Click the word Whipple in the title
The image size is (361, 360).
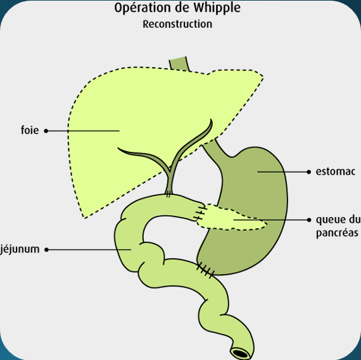point(217,8)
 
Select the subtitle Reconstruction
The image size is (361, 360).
point(177,24)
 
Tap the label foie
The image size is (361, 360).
point(30,130)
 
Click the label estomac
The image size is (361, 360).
point(336,171)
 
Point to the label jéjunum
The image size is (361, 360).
point(20,249)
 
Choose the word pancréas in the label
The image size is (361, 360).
point(337,233)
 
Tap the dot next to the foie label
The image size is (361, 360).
point(46,131)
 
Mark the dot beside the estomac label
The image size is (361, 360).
point(309,172)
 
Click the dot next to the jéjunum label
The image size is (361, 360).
point(46,249)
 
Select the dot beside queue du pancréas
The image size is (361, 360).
point(309,220)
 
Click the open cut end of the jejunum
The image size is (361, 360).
point(241,353)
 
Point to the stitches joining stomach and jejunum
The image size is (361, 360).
point(205,270)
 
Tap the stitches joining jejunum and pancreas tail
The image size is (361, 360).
point(200,213)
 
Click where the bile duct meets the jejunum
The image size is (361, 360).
point(168,195)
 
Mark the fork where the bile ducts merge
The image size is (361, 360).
point(170,171)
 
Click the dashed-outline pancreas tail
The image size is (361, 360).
point(231,218)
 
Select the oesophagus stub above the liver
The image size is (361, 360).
point(179,63)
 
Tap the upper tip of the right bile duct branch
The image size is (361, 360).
point(211,120)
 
